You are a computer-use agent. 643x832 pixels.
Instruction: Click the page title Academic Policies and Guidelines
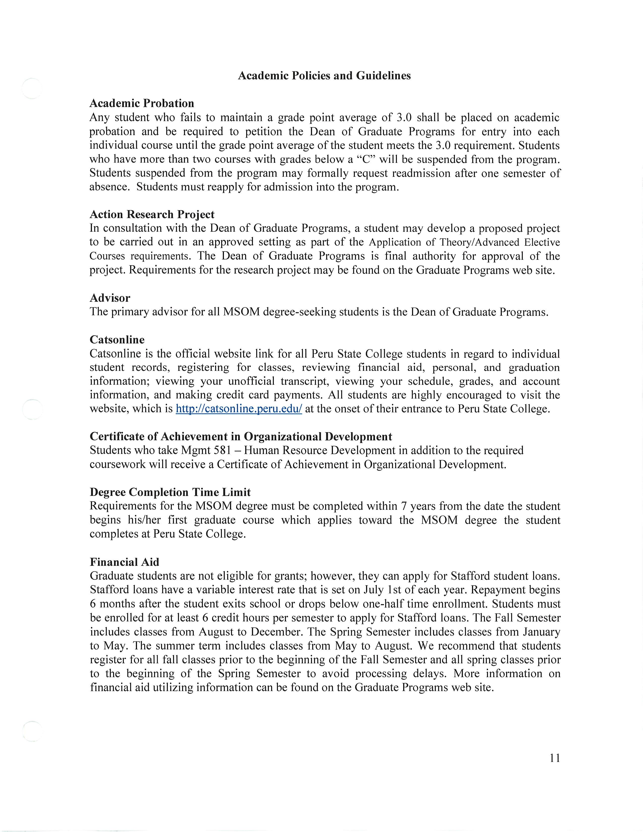tap(324, 76)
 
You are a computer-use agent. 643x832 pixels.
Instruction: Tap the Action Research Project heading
tap(152, 215)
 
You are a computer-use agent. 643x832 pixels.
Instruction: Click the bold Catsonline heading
tap(117, 340)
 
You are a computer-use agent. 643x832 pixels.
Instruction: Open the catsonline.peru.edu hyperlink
tap(239, 409)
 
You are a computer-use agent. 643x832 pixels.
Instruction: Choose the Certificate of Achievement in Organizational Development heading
tap(241, 437)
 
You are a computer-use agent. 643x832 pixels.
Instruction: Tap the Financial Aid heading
tap(124, 562)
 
